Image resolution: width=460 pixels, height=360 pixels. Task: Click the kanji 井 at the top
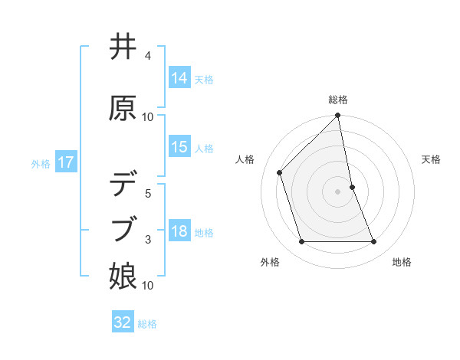click(x=123, y=47)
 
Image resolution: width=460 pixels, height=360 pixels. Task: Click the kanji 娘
click(x=123, y=276)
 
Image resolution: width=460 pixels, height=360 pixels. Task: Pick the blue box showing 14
click(x=179, y=78)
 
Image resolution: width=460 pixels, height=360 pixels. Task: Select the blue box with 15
click(x=179, y=147)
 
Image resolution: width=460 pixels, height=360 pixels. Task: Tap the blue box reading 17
click(x=65, y=162)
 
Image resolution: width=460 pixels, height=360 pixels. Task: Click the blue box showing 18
click(x=179, y=231)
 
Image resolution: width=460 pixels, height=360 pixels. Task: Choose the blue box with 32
click(x=123, y=322)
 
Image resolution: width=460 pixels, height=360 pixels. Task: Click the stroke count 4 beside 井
click(x=147, y=56)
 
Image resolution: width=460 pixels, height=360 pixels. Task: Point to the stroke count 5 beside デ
click(x=147, y=194)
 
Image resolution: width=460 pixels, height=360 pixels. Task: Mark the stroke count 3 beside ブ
click(x=147, y=240)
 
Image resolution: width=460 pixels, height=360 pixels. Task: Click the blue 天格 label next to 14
click(x=204, y=79)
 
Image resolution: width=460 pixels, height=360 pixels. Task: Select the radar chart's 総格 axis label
click(x=338, y=100)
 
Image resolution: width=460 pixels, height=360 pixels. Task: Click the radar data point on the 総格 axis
click(x=338, y=116)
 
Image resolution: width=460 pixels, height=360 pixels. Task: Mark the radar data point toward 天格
click(x=353, y=187)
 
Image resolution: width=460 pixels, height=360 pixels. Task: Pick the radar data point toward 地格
click(x=374, y=242)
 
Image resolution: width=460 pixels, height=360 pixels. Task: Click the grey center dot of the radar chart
click(x=338, y=191)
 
